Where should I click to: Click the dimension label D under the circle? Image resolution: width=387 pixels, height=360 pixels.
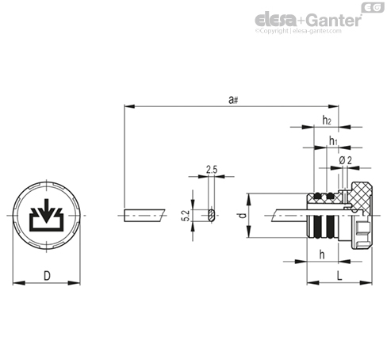tap(47, 276)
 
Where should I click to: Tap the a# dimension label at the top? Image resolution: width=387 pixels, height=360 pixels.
tap(233, 100)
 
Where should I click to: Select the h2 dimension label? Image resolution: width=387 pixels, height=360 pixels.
tap(327, 121)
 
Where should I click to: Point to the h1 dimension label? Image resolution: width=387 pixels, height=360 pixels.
tap(333, 140)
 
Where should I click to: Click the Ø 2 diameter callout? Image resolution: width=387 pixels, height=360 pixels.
tap(345, 160)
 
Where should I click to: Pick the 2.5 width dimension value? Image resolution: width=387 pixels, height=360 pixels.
tap(212, 170)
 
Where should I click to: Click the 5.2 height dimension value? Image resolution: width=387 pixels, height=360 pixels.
tap(186, 216)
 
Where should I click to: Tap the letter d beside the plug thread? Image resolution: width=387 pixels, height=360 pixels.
tap(242, 216)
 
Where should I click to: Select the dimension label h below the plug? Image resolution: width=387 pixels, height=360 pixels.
tap(322, 255)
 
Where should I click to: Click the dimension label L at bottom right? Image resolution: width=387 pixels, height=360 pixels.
tap(339, 276)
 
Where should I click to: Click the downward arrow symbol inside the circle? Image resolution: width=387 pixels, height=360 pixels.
tap(47, 210)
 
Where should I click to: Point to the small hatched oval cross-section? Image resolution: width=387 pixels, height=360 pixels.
tap(211, 216)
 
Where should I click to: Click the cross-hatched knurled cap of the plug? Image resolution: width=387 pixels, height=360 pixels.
tap(361, 196)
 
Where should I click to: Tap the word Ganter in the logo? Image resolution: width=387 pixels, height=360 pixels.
tap(334, 20)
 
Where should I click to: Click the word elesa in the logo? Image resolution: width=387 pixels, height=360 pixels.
tap(275, 20)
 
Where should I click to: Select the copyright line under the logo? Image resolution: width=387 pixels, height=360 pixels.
tap(298, 31)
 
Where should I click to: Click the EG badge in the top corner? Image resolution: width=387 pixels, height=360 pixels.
tap(373, 8)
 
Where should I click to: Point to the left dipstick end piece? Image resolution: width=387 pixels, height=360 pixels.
tap(144, 216)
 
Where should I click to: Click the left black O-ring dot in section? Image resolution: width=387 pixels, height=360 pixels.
tap(317, 196)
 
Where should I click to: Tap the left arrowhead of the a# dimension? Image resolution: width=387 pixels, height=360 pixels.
tap(129, 106)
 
